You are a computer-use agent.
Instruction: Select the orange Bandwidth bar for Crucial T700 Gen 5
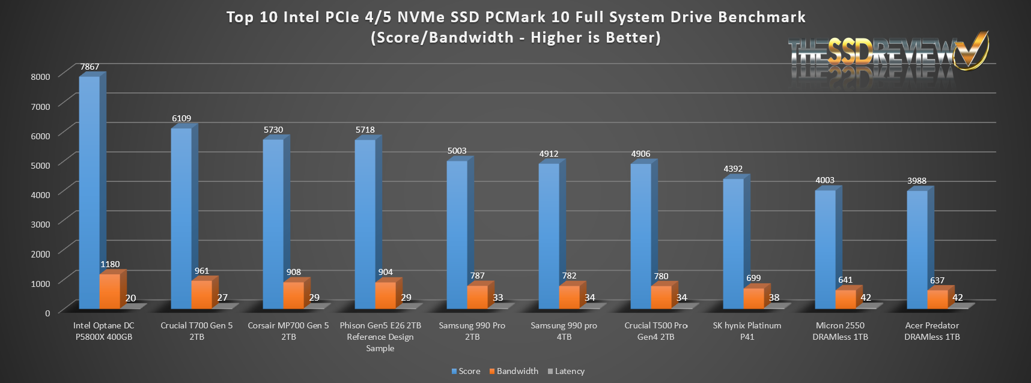click(202, 294)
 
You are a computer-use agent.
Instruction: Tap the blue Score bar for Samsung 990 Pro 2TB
click(457, 234)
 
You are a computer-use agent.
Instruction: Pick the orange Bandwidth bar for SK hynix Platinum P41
click(753, 298)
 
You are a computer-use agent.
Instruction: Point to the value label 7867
click(90, 67)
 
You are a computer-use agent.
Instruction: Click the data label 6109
click(181, 118)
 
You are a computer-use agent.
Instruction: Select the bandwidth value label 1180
click(110, 264)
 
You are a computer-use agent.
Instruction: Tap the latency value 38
click(774, 297)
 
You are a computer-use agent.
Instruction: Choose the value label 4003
click(825, 180)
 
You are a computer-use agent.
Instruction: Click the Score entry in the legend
click(466, 371)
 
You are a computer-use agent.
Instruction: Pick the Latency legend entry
click(566, 371)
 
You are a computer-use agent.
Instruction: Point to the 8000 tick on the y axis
click(41, 77)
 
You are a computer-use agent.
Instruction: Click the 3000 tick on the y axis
click(41, 224)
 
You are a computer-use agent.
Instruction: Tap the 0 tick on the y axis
click(47, 313)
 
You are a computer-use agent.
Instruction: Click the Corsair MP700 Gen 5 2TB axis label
click(288, 331)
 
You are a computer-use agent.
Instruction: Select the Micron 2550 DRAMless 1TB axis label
click(840, 331)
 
